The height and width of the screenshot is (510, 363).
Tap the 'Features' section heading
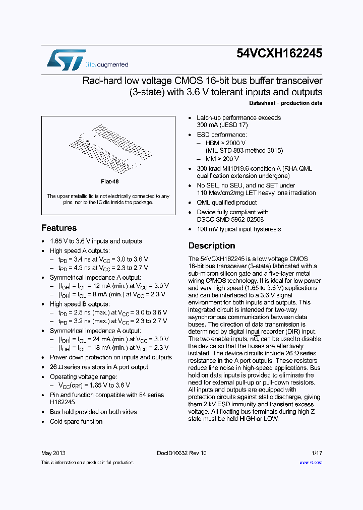59,228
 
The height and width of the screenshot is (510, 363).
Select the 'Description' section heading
212,246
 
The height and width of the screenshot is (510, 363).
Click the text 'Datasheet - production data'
285,103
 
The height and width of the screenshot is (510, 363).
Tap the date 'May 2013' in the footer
53,453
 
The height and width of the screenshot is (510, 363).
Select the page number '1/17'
317,453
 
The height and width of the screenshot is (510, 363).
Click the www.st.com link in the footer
311,462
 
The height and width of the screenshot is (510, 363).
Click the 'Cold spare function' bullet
76,421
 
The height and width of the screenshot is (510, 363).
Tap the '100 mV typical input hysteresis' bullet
238,229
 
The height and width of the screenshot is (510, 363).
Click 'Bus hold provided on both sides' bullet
93,412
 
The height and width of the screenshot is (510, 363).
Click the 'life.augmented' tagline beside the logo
107,65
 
